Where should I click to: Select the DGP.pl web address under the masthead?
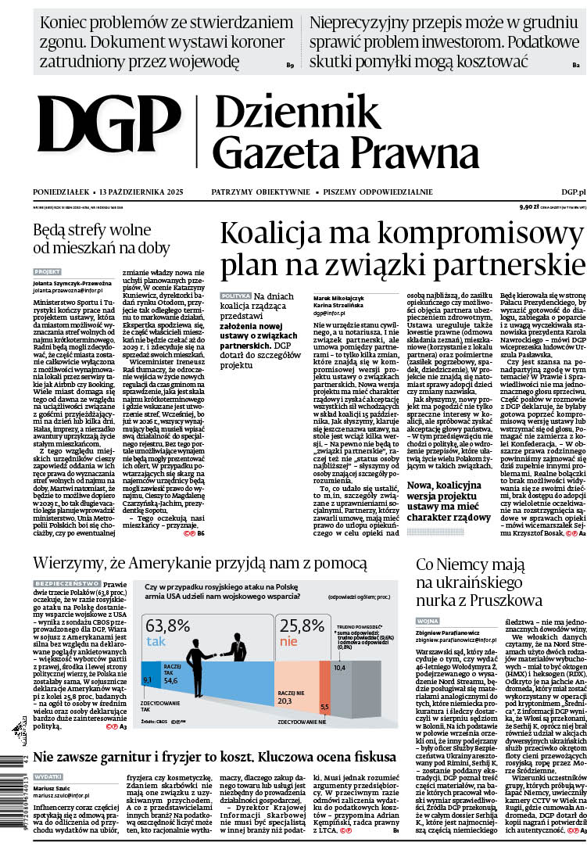pyautogui.click(x=573, y=192)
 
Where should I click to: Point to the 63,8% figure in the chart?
pyautogui.click(x=168, y=625)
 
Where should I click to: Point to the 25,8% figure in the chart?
pyautogui.click(x=302, y=625)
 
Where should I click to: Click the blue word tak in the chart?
pyautogui.click(x=156, y=642)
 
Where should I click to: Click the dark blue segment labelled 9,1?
pyautogui.click(x=147, y=680)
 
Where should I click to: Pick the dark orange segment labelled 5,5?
pyautogui.click(x=325, y=707)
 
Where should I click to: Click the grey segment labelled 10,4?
pyautogui.click(x=339, y=668)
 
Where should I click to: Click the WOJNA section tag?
pyautogui.click(x=428, y=621)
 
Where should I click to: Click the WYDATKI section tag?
pyautogui.click(x=48, y=776)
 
